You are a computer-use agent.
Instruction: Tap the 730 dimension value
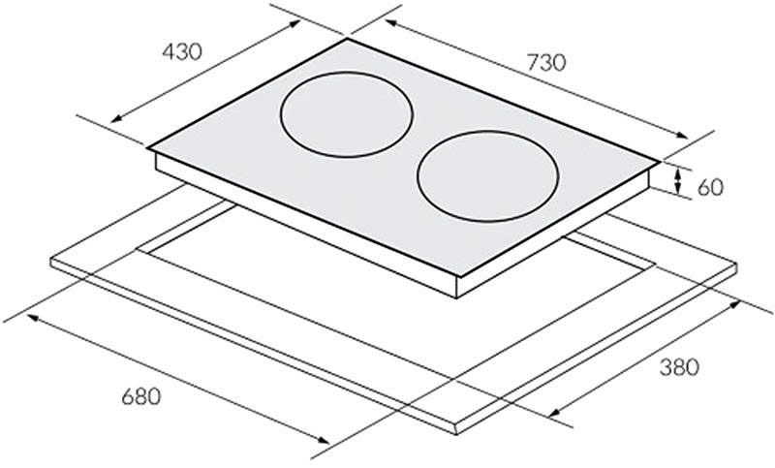pos(545,62)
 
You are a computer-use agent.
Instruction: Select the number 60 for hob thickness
pos(710,187)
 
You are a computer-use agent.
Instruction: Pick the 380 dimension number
pos(679,368)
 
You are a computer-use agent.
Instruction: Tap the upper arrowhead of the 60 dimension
pos(678,172)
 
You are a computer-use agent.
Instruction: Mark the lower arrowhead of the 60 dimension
pos(678,193)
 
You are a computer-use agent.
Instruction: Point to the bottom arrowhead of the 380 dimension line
pos(551,418)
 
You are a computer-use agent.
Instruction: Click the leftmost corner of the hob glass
pos(147,148)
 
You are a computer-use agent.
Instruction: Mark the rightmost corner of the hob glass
pos(662,161)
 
